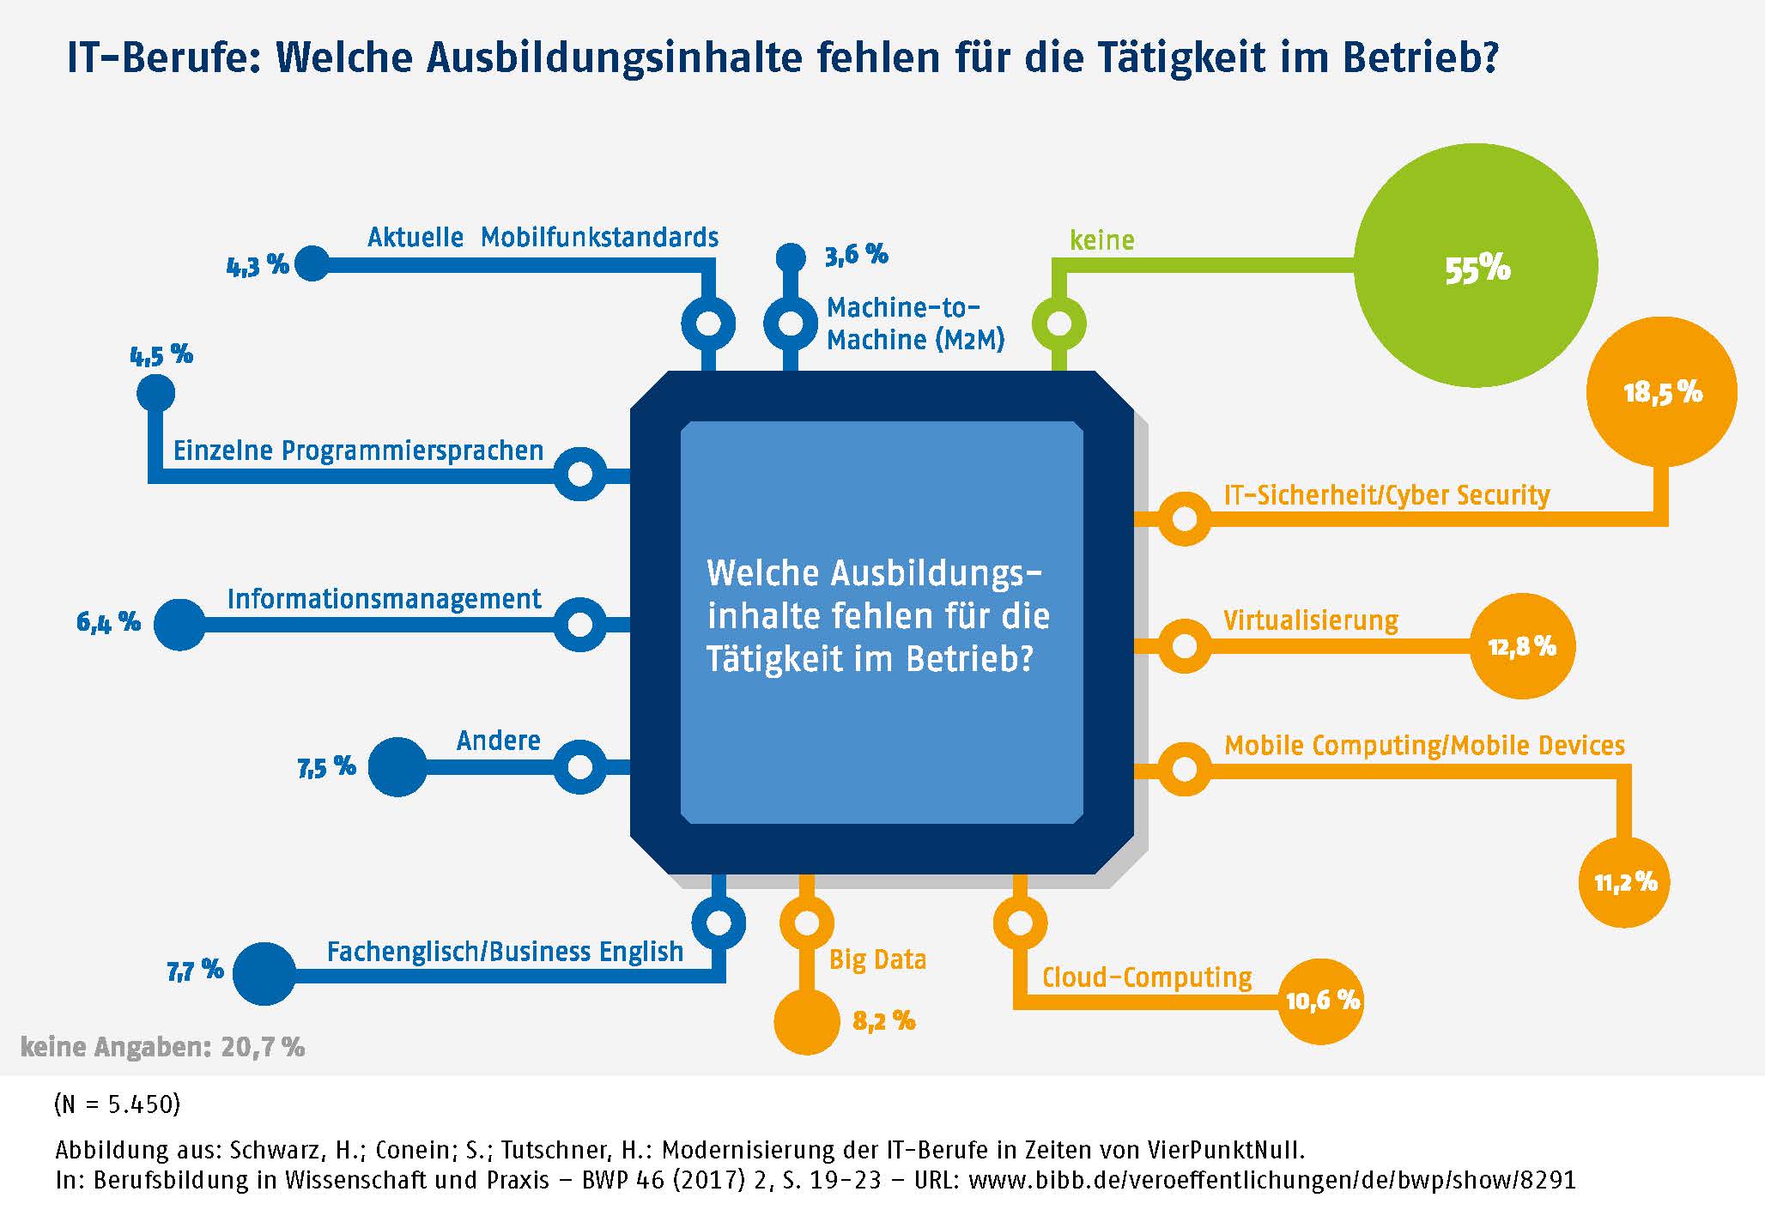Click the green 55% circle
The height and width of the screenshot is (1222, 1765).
pos(1476,266)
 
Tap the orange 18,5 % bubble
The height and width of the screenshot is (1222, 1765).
pos(1662,392)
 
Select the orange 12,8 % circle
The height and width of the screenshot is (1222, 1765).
pos(1522,646)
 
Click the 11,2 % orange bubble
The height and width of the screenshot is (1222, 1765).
pos(1625,882)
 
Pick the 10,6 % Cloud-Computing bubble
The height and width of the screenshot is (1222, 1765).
pos(1321,1000)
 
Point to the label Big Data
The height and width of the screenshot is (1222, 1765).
pos(877,959)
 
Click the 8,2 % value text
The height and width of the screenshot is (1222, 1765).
pos(883,1020)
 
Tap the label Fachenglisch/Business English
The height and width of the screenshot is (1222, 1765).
pos(505,951)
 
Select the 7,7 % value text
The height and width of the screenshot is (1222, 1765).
pos(195,971)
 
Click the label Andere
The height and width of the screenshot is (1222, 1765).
pos(498,740)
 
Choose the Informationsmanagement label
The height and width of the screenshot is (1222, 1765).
pos(384,598)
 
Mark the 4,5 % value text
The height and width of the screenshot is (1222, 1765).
pos(161,354)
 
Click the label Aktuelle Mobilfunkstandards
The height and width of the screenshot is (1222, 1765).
pos(543,237)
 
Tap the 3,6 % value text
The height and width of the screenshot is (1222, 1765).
pos(856,255)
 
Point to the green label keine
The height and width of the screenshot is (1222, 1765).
pos(1101,240)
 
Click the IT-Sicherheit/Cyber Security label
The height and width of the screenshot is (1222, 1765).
pos(1386,495)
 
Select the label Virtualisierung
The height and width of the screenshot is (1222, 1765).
pos(1310,620)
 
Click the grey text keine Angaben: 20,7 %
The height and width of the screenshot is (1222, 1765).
pos(162,1047)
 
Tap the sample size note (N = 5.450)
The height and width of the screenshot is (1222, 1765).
pos(117,1104)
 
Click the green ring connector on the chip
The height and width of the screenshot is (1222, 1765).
pos(1059,324)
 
